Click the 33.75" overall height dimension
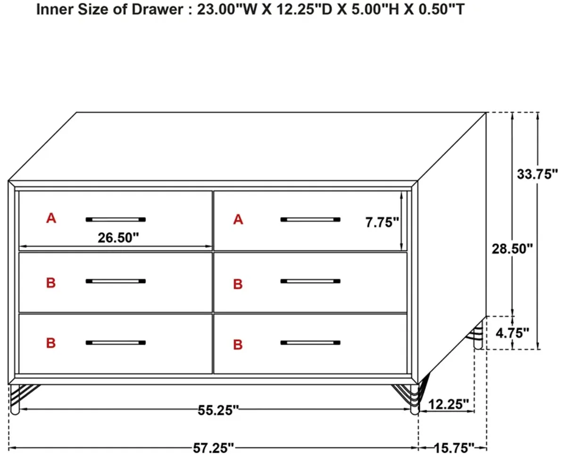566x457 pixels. click(x=537, y=174)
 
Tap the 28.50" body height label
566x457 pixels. click(x=512, y=249)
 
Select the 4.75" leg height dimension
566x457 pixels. click(x=512, y=333)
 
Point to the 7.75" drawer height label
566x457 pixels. click(x=382, y=222)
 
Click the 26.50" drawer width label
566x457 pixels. click(x=118, y=238)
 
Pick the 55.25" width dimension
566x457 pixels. click(x=218, y=410)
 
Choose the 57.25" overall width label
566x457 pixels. click(x=213, y=448)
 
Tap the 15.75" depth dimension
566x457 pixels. click(x=454, y=448)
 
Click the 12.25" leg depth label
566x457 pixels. click(x=449, y=404)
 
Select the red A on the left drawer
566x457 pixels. click(x=51, y=218)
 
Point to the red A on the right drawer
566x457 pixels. click(x=238, y=220)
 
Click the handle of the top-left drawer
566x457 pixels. click(x=116, y=219)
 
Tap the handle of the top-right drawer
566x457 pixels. click(x=310, y=219)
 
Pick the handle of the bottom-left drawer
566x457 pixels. click(x=116, y=343)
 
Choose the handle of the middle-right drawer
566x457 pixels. click(x=310, y=281)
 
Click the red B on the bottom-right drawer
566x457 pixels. click(x=238, y=345)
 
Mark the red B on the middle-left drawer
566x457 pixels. click(x=51, y=283)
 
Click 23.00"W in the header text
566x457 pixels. click(x=227, y=9)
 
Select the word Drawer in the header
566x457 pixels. click(x=158, y=9)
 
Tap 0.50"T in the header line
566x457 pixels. click(x=441, y=9)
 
